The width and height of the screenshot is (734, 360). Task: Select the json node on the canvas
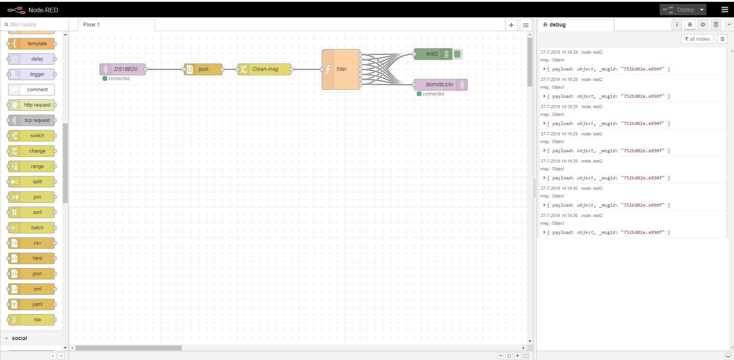click(203, 69)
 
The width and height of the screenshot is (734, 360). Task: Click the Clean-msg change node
click(264, 69)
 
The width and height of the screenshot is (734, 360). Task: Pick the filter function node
click(341, 69)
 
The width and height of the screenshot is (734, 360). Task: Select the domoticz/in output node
click(439, 85)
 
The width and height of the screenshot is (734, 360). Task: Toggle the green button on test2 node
click(457, 54)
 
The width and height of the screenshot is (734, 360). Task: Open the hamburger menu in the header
click(724, 10)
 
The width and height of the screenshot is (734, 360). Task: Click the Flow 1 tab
click(91, 25)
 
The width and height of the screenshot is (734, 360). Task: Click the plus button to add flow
click(511, 25)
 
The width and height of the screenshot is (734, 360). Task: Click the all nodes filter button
click(697, 39)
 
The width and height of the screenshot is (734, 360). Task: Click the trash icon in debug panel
click(723, 39)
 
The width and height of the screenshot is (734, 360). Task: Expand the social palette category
click(19, 338)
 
